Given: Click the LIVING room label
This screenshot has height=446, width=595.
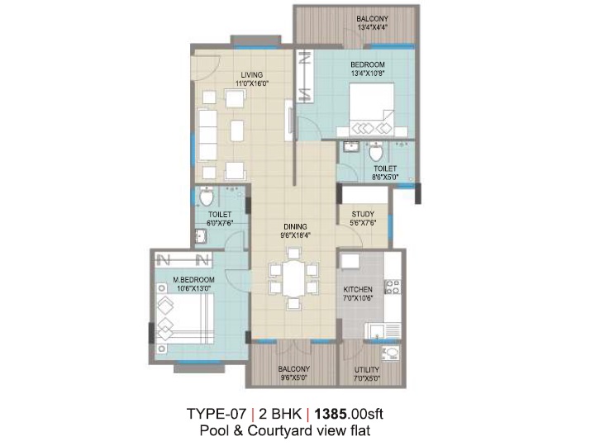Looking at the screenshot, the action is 251,74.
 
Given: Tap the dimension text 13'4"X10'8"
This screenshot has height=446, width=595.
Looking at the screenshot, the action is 367,74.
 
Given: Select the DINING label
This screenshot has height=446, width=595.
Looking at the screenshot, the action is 295,227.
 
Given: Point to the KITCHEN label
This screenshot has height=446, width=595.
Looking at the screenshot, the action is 358,289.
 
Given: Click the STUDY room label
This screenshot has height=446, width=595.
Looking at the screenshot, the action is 363,214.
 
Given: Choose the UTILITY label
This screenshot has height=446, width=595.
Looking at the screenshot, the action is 367,369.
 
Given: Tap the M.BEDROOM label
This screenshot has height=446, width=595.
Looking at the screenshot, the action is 194,280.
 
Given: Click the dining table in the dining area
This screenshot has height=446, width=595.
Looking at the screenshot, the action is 293,278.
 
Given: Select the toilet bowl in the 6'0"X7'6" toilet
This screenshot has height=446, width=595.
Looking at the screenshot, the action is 206,197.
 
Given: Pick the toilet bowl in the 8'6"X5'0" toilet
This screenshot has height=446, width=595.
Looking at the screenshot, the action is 376,152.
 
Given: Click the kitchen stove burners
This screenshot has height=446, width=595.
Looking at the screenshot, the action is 393,287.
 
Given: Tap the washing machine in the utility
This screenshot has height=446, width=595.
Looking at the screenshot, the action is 391,353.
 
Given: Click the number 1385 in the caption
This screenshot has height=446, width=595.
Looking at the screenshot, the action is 331,414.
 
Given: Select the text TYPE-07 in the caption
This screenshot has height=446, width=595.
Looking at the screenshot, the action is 217,414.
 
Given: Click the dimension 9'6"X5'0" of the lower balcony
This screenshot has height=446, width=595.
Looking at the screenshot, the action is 293,377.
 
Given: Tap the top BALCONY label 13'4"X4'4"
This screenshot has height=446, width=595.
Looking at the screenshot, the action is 372,23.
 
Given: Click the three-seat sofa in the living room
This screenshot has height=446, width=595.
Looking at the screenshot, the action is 207,135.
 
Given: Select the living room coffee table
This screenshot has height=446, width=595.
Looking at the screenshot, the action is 237,130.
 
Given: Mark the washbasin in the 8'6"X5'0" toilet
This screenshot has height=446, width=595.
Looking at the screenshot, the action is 351,146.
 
